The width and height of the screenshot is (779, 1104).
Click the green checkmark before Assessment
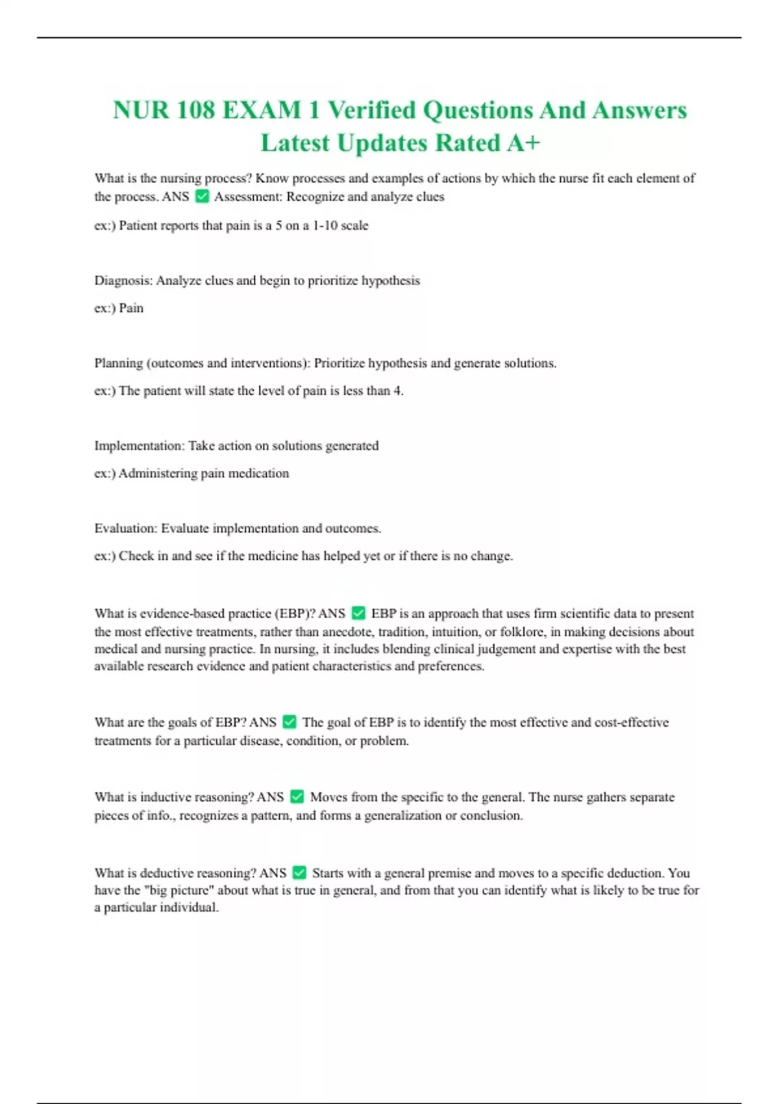[202, 196]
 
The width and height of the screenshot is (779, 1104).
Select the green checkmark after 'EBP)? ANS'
[358, 613]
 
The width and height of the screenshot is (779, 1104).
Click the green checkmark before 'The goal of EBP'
[290, 722]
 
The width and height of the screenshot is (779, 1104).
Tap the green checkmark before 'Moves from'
[297, 797]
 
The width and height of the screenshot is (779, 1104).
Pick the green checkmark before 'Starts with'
[299, 873]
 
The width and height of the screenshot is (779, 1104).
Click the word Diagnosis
[123, 281]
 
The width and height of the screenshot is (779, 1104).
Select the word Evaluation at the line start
[125, 528]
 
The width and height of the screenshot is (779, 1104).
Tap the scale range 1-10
[325, 225]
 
